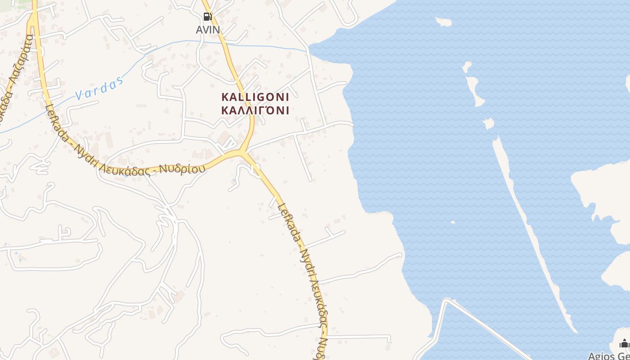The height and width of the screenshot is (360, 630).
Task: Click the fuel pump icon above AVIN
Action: pos(207,17)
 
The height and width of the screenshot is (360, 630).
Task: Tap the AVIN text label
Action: pos(208,30)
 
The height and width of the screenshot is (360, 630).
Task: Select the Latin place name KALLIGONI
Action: pos(255,97)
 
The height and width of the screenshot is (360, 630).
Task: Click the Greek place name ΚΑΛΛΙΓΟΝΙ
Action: pos(255,110)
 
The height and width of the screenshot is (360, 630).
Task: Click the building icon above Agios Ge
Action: pos(624,344)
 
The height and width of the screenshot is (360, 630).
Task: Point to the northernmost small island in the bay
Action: pos(443,22)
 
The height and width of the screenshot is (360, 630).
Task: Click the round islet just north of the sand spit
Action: pos(488,123)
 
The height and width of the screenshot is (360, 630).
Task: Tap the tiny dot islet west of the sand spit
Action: pos(452,222)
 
